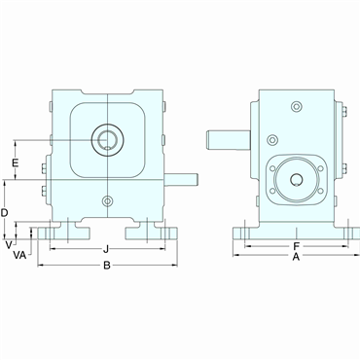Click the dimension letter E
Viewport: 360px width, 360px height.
pyautogui.click(x=14, y=162)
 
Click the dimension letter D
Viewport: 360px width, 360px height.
pyautogui.click(x=6, y=211)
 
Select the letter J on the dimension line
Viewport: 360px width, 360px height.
pyautogui.click(x=104, y=248)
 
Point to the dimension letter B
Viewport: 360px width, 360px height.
pyautogui.click(x=107, y=265)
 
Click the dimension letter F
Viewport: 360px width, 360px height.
pyautogui.click(x=295, y=247)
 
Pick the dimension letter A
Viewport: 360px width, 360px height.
pyautogui.click(x=296, y=258)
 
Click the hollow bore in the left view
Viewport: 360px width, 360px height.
pyautogui.click(x=106, y=141)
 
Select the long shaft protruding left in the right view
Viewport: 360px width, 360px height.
pyautogui.click(x=227, y=137)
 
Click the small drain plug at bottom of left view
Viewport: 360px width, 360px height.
pyautogui.click(x=106, y=201)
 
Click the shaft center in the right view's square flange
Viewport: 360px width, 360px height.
pyautogui.click(x=295, y=178)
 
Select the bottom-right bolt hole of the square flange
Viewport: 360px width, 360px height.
pyautogui.click(x=313, y=197)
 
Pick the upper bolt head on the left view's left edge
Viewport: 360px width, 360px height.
pyautogui.click(x=46, y=108)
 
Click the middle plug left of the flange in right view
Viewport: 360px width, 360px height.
pyautogui.click(x=271, y=139)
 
